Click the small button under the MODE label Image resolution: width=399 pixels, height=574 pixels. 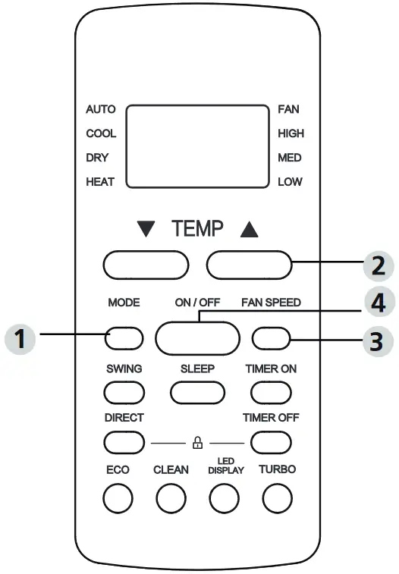coord(124,337)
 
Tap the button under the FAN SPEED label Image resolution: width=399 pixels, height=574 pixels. coord(272,337)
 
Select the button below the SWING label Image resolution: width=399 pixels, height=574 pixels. coord(124,391)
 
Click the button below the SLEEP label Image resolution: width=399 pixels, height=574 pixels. coord(197,391)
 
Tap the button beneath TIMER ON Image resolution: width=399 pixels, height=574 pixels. coord(272,391)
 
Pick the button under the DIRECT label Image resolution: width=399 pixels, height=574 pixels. coord(124,441)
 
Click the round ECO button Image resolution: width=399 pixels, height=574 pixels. coord(118,497)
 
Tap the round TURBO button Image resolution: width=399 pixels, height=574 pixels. coord(278,497)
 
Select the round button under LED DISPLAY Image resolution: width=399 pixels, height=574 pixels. coord(225,497)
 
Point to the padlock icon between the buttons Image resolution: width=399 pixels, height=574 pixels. coord(198,441)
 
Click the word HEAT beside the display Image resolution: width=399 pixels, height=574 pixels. coord(100,182)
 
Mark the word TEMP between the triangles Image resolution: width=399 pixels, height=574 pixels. coord(197,227)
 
